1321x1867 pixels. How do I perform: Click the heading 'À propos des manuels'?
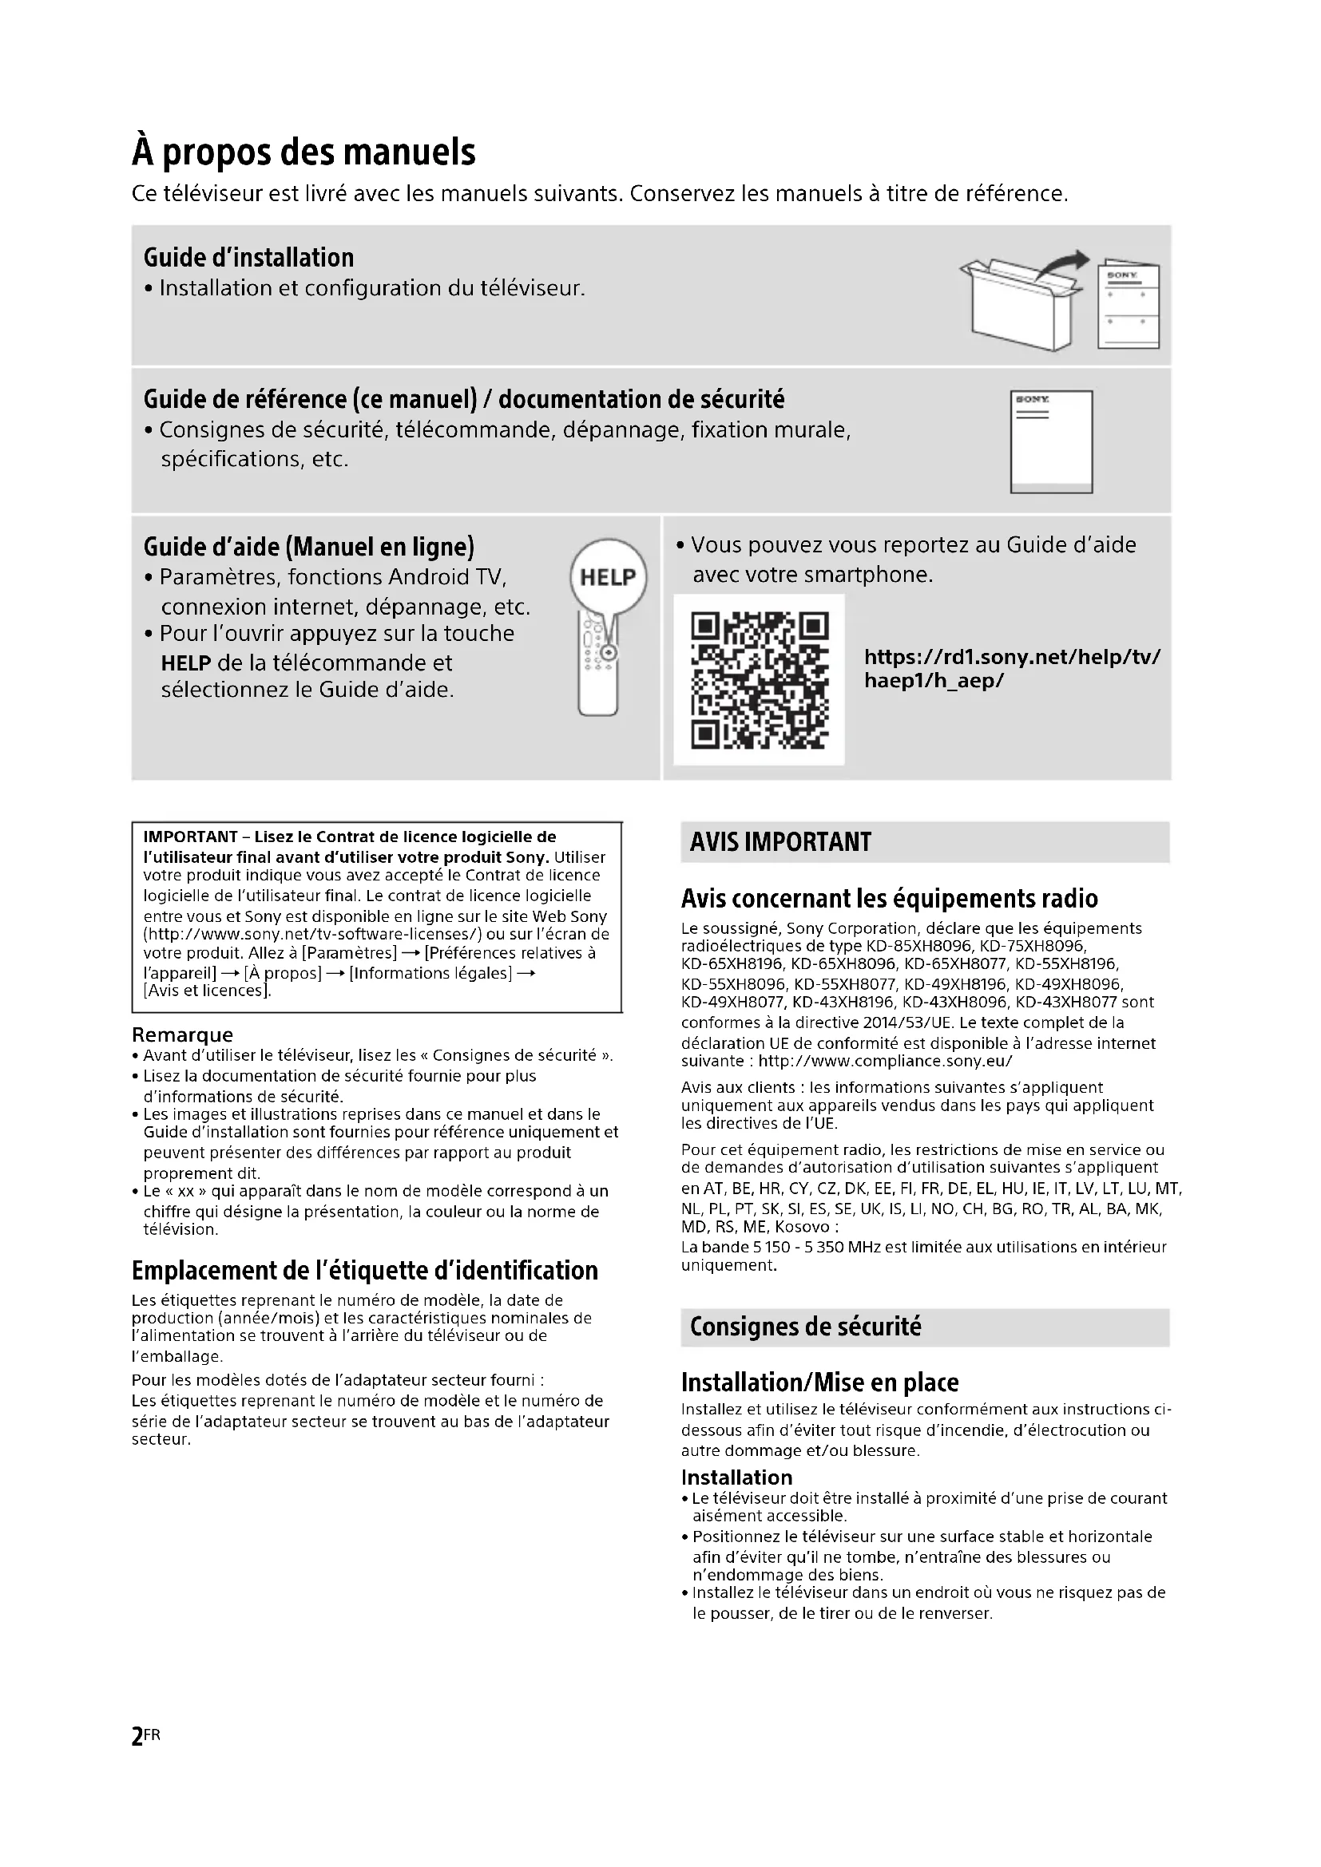(303, 152)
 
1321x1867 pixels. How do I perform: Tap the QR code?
(759, 680)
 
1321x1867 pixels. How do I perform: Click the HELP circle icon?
(608, 577)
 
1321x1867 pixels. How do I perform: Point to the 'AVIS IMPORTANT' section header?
(780, 841)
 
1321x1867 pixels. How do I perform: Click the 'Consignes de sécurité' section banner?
(805, 1327)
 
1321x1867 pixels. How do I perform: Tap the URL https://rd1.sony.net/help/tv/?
(1012, 657)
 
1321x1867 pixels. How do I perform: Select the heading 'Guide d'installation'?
(248, 258)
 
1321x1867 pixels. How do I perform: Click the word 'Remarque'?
(182, 1034)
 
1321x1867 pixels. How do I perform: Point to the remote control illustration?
(598, 667)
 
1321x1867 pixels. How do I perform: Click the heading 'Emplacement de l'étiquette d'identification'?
(364, 1270)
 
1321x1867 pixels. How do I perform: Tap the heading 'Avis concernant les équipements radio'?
(889, 899)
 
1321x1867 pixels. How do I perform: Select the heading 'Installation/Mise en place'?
(819, 1382)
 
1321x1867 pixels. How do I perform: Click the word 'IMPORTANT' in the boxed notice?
(189, 837)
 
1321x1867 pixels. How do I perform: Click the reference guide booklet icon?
(1051, 441)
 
